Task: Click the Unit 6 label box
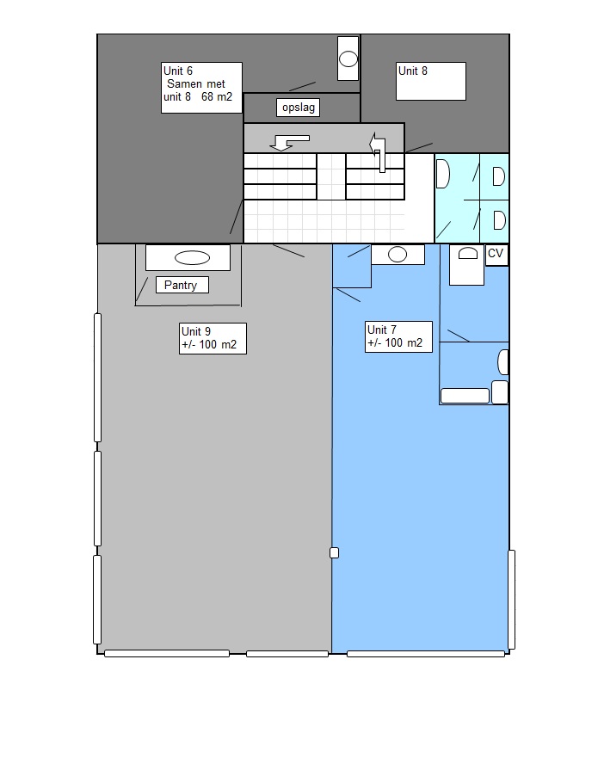[201, 88]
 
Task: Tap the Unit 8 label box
[431, 81]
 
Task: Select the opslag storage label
[299, 108]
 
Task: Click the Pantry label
[182, 285]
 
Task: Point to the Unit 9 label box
[213, 338]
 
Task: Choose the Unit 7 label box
[398, 337]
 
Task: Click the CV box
[496, 255]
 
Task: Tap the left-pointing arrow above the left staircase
[289, 143]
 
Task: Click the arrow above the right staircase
[378, 151]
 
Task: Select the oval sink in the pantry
[192, 258]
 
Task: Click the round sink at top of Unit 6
[348, 59]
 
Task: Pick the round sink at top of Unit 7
[398, 255]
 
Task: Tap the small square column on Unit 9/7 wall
[334, 552]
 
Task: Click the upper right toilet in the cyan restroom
[498, 176]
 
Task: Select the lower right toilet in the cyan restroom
[500, 220]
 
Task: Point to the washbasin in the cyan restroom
[443, 174]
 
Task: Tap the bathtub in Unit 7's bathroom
[465, 396]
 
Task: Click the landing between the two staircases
[331, 176]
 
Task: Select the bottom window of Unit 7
[426, 654]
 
